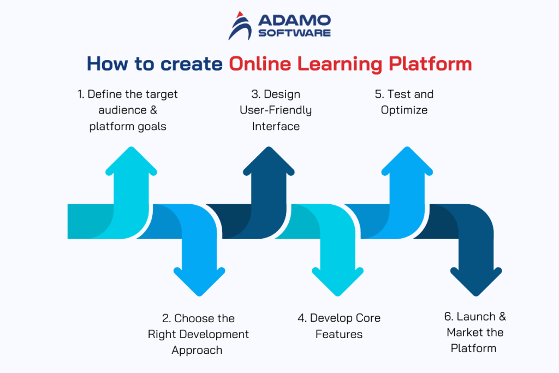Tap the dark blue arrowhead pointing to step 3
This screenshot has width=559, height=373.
pos(268,162)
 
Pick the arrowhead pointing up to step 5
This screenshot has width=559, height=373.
pos(407,162)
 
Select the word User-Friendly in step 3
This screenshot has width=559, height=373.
pos(276,110)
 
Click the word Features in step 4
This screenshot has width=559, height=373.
pos(339,334)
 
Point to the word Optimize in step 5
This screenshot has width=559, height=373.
pos(404,110)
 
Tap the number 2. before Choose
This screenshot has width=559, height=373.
pos(166,318)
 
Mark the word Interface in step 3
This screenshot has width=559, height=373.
pos(276,126)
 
